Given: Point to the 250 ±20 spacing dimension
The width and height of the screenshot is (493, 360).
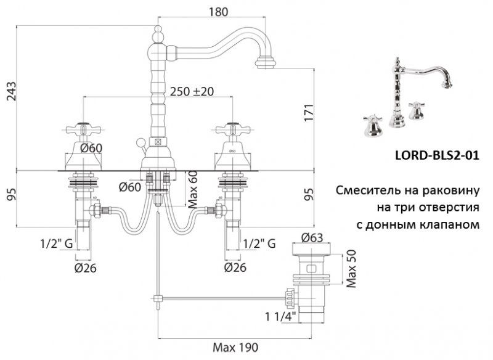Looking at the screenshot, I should [192, 91].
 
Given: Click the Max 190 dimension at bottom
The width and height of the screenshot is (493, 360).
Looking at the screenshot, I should [235, 347].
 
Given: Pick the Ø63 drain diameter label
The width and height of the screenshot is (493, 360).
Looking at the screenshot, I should [314, 237].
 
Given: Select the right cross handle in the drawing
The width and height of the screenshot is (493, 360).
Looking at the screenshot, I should [233, 131].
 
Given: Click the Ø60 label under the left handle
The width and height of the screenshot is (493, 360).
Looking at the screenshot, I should [89, 147].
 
